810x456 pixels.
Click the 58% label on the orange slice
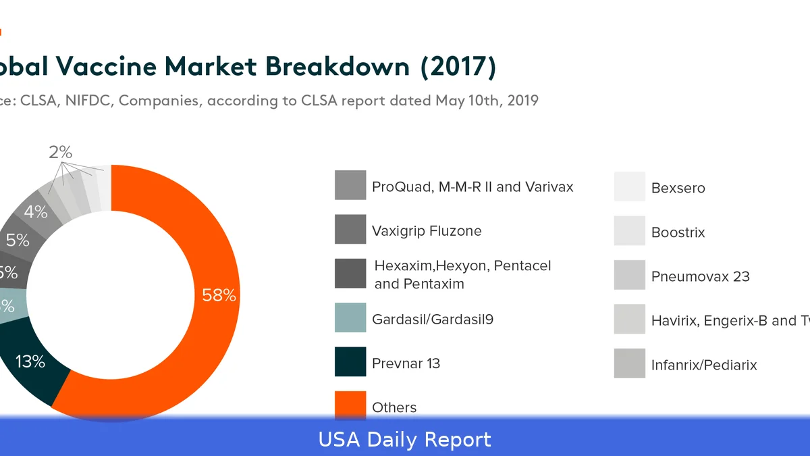[219, 295]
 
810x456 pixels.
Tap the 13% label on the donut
[30, 361]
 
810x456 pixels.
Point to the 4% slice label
[36, 212]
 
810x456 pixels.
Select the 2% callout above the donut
[60, 153]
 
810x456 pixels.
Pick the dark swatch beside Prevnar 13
[350, 361]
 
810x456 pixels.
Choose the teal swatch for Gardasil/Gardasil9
[350, 318]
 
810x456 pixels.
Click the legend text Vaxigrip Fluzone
[427, 231]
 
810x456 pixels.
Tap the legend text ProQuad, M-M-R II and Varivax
[473, 186]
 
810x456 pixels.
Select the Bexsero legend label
[678, 188]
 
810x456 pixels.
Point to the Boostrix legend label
[678, 232]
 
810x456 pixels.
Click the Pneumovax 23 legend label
[700, 276]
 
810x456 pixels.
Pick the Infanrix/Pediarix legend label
[704, 365]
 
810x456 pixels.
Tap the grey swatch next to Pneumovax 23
[629, 275]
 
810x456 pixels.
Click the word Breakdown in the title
[337, 66]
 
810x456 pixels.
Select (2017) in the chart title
[458, 66]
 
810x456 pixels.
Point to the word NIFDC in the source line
[88, 101]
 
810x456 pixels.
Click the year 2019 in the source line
[522, 101]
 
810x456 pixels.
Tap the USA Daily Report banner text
[405, 440]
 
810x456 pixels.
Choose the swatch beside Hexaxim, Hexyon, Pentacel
[350, 274]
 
